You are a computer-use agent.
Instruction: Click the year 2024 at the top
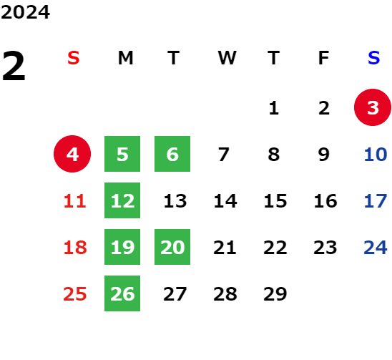pyautogui.click(x=25, y=12)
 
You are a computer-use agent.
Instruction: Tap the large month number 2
pyautogui.click(x=14, y=67)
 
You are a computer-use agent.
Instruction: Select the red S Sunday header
pyautogui.click(x=74, y=58)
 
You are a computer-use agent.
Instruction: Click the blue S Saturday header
pyautogui.click(x=374, y=58)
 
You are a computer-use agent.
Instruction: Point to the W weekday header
pyautogui.click(x=227, y=58)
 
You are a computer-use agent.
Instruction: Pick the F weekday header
pyautogui.click(x=324, y=58)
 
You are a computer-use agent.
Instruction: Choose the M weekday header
pyautogui.click(x=125, y=58)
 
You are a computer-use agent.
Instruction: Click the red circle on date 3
pyautogui.click(x=373, y=107)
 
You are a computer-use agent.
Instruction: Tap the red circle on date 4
pyautogui.click(x=72, y=154)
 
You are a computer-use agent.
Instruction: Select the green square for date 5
pyautogui.click(x=122, y=154)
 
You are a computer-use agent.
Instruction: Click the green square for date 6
pyautogui.click(x=172, y=154)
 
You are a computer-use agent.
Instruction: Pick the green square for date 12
pyautogui.click(x=122, y=200)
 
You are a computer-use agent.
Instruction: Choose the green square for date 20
pyautogui.click(x=172, y=247)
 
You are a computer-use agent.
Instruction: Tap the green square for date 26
pyautogui.click(x=122, y=293)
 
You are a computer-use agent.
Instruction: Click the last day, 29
pyautogui.click(x=275, y=293)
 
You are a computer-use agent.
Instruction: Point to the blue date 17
pyautogui.click(x=376, y=200)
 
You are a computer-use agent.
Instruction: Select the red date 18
pyautogui.click(x=75, y=247)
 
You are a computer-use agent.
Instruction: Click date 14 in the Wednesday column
pyautogui.click(x=225, y=200)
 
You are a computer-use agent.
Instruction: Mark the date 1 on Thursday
pyautogui.click(x=274, y=108)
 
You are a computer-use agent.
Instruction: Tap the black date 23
pyautogui.click(x=325, y=247)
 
